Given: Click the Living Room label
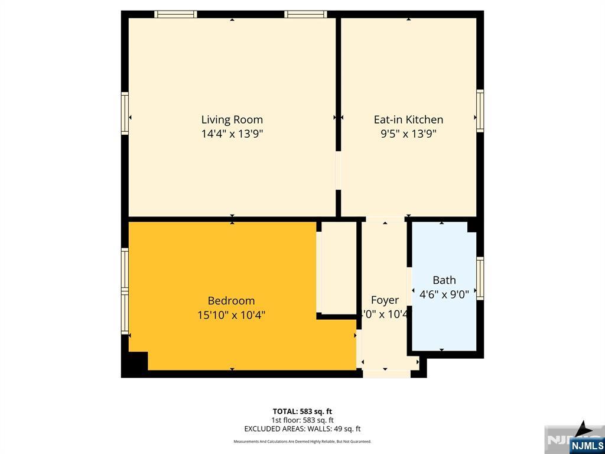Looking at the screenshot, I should point(232,119).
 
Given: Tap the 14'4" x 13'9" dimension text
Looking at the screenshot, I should point(232,134).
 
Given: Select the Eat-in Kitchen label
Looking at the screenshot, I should point(408,119).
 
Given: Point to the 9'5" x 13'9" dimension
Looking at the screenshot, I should point(408,134).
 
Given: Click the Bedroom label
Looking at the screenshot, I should point(231,300).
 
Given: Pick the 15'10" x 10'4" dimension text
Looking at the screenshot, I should point(231,315).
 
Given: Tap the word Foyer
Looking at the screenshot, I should point(385,300).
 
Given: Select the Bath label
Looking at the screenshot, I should point(444,280).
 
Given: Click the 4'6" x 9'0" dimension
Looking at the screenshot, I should point(444,294).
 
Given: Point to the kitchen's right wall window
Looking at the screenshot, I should point(480,111).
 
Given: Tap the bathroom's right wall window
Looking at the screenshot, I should point(480,278).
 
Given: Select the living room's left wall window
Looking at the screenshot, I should point(125,113).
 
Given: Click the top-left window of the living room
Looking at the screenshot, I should point(175,14).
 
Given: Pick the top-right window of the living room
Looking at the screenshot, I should point(305,14).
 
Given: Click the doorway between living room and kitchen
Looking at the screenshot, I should point(339,171).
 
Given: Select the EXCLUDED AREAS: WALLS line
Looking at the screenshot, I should point(302,429).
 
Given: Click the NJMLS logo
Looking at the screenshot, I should point(586,445).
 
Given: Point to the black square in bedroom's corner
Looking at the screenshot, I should point(136,361).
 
